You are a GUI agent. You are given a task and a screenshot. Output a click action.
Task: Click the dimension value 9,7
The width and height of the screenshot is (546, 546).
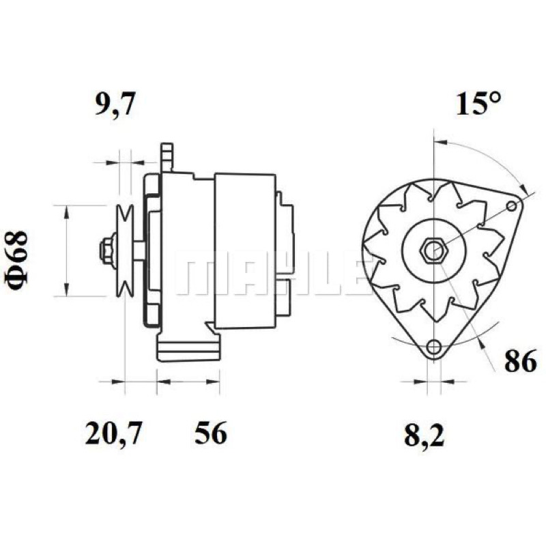(115, 104)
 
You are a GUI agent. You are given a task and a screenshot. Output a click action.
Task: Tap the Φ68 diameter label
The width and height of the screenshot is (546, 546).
(16, 260)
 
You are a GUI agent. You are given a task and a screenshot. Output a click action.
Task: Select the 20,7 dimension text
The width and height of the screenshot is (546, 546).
(113, 433)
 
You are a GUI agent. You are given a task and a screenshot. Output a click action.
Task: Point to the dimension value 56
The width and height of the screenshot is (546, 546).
(211, 433)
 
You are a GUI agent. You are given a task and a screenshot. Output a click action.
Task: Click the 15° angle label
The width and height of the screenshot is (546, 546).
(478, 103)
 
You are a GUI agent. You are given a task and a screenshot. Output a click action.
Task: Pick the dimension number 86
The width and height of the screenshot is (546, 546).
(521, 361)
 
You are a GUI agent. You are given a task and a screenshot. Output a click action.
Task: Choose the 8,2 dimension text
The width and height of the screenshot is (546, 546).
(424, 435)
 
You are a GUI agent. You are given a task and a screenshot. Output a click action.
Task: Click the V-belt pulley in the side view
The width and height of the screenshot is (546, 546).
(125, 250)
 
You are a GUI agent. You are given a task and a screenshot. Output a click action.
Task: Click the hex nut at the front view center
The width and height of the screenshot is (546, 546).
(434, 250)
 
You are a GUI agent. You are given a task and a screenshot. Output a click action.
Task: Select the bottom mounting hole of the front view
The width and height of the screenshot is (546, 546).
(434, 347)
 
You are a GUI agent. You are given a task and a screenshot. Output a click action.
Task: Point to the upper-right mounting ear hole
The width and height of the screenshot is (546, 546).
(511, 206)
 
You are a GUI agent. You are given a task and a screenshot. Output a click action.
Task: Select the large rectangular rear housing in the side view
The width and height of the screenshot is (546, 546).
(245, 250)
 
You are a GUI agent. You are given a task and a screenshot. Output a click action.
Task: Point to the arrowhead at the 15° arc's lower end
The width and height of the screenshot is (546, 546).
(523, 188)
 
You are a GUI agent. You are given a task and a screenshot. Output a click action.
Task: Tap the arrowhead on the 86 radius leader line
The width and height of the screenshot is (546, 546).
(481, 341)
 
